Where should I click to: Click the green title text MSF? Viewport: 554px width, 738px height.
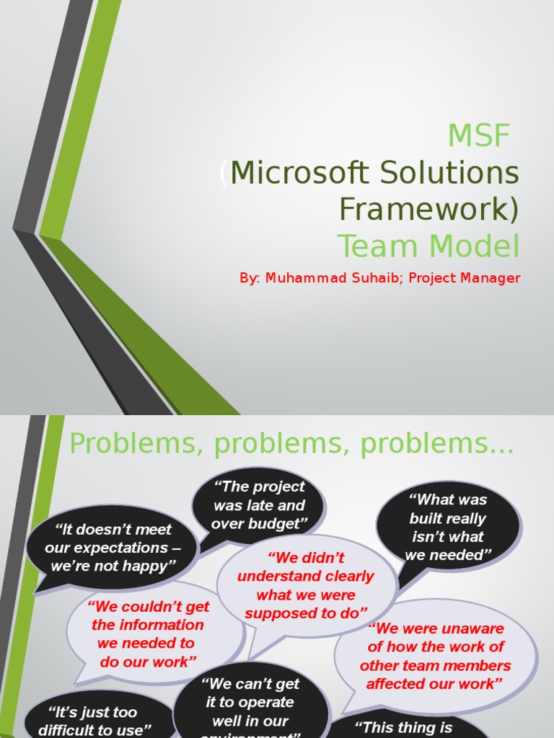[x=478, y=135]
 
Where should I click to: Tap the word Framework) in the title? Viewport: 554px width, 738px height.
[x=429, y=208]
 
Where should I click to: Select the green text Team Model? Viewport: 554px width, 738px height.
[x=428, y=246]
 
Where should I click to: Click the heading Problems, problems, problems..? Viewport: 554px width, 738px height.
[x=291, y=445]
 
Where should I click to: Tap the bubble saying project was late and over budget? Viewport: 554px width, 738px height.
[x=259, y=505]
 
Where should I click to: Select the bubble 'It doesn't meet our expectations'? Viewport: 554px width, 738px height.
[x=113, y=548]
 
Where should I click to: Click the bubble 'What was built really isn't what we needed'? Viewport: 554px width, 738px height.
[x=448, y=527]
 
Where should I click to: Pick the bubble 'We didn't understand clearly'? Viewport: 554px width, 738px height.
[x=306, y=585]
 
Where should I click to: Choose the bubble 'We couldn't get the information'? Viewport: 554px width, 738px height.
[x=147, y=633]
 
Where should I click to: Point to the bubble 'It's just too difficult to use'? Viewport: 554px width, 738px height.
[x=94, y=721]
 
